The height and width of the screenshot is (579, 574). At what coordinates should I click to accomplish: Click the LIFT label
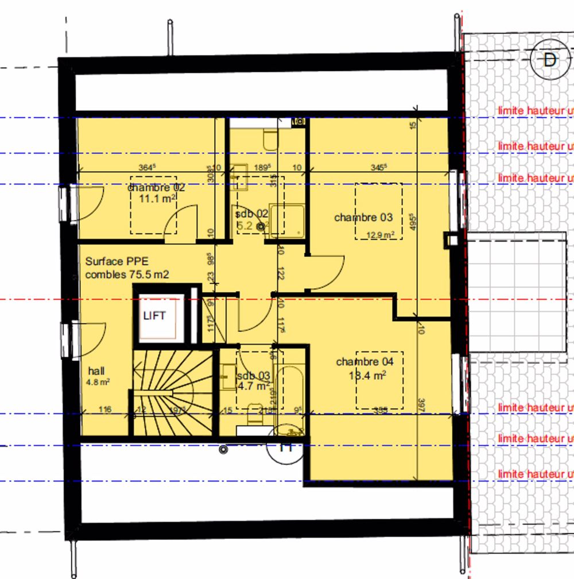[154, 315]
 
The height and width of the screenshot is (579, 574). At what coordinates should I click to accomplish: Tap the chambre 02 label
[156, 188]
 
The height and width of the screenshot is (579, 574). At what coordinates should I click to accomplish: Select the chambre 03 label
[363, 218]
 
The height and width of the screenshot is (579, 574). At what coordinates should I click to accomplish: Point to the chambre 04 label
[365, 362]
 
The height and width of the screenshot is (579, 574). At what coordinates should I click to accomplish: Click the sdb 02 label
[252, 214]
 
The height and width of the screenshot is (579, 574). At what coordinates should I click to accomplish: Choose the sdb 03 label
[253, 376]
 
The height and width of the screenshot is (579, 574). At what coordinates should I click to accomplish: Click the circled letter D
[550, 60]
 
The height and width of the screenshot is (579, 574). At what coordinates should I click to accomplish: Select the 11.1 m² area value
[157, 198]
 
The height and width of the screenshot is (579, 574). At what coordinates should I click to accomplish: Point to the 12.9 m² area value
[380, 235]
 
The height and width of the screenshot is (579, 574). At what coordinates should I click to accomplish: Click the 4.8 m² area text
[98, 381]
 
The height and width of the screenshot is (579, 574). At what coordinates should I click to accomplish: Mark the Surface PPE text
[117, 261]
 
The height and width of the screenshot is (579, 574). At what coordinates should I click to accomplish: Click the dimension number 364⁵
[148, 168]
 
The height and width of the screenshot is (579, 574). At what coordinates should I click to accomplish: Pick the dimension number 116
[104, 410]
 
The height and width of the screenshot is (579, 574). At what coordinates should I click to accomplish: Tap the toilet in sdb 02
[270, 140]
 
